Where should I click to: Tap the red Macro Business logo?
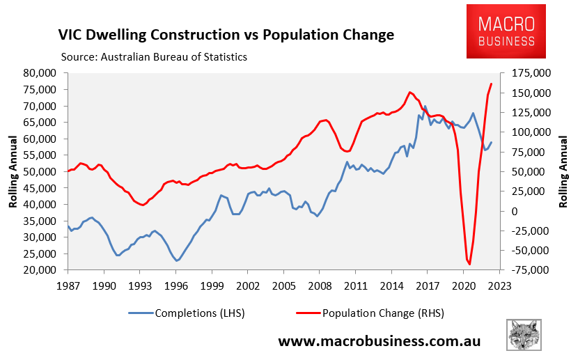506,31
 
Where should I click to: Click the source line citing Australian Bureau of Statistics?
154,56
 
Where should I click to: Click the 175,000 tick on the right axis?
531,72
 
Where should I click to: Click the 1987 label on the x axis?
68,285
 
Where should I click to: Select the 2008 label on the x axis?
319,285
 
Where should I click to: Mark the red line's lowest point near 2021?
470,264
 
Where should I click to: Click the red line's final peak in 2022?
492,84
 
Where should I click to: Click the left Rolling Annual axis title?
13,171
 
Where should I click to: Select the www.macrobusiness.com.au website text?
380,341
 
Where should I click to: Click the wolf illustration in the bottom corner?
525,335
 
